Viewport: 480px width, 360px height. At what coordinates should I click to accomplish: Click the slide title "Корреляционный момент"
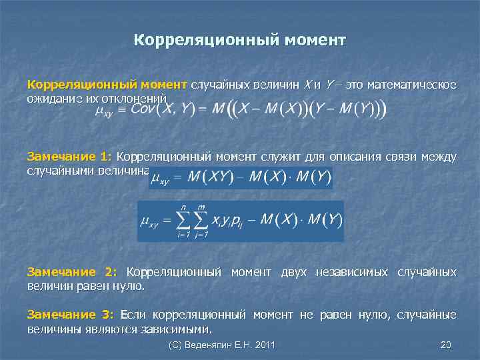point(239,41)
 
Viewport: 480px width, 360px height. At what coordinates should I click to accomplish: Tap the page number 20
point(446,345)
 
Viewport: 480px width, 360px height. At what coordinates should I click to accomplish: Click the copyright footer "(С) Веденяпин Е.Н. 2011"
point(222,345)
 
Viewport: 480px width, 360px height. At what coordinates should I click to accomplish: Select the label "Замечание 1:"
point(69,157)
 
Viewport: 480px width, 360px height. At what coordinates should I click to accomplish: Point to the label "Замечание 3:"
point(70,315)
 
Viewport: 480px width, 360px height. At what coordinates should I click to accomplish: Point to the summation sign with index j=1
point(201,220)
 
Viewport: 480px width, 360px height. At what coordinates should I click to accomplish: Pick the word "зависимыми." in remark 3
point(175,329)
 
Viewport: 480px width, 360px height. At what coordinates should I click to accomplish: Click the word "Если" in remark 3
point(132,315)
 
